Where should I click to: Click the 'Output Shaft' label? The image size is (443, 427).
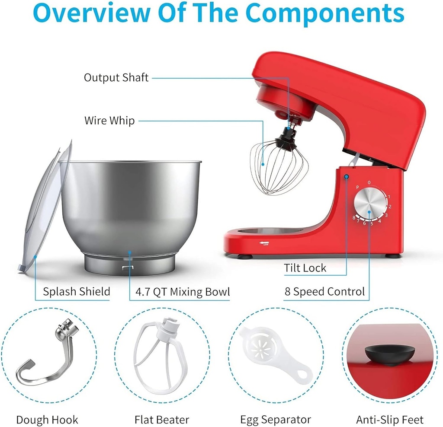point(116,78)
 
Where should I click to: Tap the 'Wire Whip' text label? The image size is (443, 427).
point(109,121)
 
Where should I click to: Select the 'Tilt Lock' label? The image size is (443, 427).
point(305,268)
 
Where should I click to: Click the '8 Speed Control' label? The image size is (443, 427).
point(324,292)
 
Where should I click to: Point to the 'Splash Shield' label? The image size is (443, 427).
point(77,292)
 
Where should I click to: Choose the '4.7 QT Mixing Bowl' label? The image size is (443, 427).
point(182,292)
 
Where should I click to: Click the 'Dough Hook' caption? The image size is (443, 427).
point(47,420)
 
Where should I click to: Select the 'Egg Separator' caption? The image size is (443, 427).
point(276,420)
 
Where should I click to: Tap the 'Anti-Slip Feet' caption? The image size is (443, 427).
point(390,420)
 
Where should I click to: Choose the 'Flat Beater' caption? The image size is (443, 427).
point(162,420)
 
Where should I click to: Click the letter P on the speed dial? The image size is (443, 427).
point(358,187)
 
